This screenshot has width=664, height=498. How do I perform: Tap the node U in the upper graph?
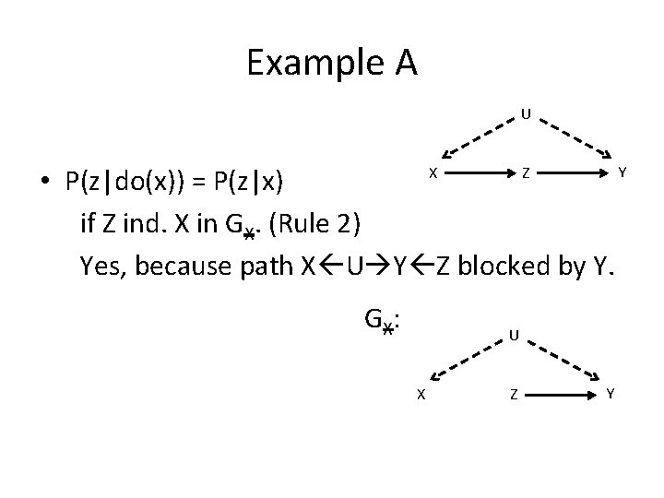(524, 115)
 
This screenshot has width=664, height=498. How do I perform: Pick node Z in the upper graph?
(524, 172)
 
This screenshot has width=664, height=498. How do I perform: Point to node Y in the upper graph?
(623, 172)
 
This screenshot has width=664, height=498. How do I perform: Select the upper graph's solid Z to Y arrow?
(573, 172)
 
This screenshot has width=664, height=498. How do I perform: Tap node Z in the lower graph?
(513, 395)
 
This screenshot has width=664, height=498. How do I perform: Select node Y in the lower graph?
(611, 395)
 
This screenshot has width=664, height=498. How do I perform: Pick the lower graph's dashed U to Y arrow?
(564, 361)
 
